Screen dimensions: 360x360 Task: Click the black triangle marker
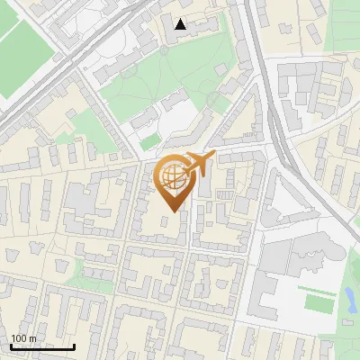tap(181, 24)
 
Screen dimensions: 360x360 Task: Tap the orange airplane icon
tap(200, 165)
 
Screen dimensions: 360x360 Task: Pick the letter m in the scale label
tap(32, 338)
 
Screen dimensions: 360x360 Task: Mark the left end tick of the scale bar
tap(10, 346)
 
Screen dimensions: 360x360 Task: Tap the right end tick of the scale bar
tap(74, 346)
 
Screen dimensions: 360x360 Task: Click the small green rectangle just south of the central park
tap(149, 142)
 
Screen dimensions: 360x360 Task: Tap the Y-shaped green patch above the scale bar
tap(91, 268)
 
